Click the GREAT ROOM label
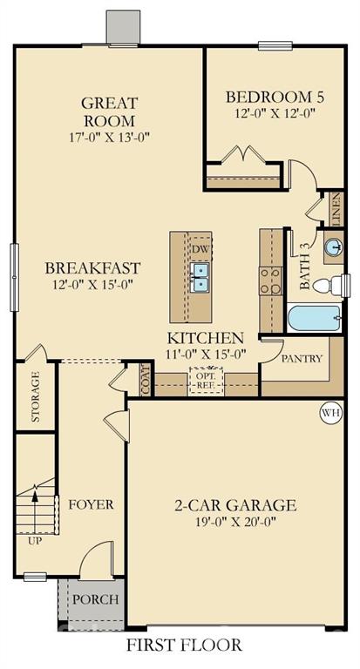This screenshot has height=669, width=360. click(x=109, y=111)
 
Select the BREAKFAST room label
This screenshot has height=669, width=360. click(x=92, y=267)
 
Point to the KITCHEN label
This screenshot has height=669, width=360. click(x=205, y=337)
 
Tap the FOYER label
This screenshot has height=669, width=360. click(x=92, y=504)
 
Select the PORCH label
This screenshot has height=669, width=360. click(x=95, y=599)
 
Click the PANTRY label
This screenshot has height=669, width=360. click(x=302, y=358)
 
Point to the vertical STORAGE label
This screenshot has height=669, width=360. click(x=36, y=396)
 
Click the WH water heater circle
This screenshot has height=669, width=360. click(x=330, y=412)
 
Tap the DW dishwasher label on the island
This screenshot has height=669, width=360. click(x=200, y=248)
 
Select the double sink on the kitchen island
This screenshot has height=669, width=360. click(x=200, y=277)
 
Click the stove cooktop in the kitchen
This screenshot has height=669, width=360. click(x=269, y=279)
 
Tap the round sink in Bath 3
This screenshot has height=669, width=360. click(x=334, y=247)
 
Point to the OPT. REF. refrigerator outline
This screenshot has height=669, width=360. click(x=207, y=381)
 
